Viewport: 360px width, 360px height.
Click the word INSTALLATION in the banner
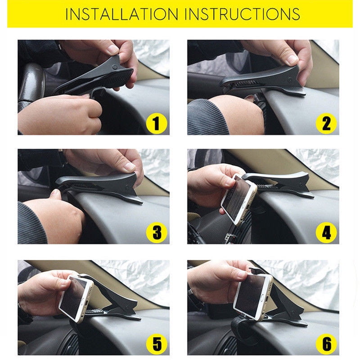coord(121,14)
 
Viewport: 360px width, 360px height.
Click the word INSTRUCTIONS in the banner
coord(242,14)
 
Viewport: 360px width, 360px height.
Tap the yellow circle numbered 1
coord(157,123)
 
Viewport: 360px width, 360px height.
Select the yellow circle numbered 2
coord(326,123)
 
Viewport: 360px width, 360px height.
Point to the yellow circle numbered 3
coord(157,233)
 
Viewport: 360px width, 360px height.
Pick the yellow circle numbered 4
coord(326,233)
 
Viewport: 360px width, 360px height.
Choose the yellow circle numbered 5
coord(157,344)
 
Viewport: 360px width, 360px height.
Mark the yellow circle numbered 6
coord(326,344)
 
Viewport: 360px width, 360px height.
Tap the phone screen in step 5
coord(73,297)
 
